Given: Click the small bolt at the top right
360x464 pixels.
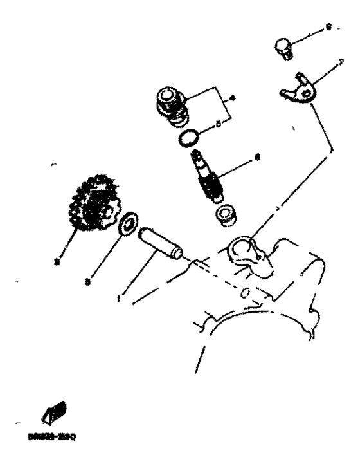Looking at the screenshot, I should (282, 47).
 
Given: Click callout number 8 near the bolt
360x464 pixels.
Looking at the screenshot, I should (328, 27).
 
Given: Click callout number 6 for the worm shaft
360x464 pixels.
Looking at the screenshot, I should (257, 156).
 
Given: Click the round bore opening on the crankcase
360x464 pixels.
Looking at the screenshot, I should (243, 248).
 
